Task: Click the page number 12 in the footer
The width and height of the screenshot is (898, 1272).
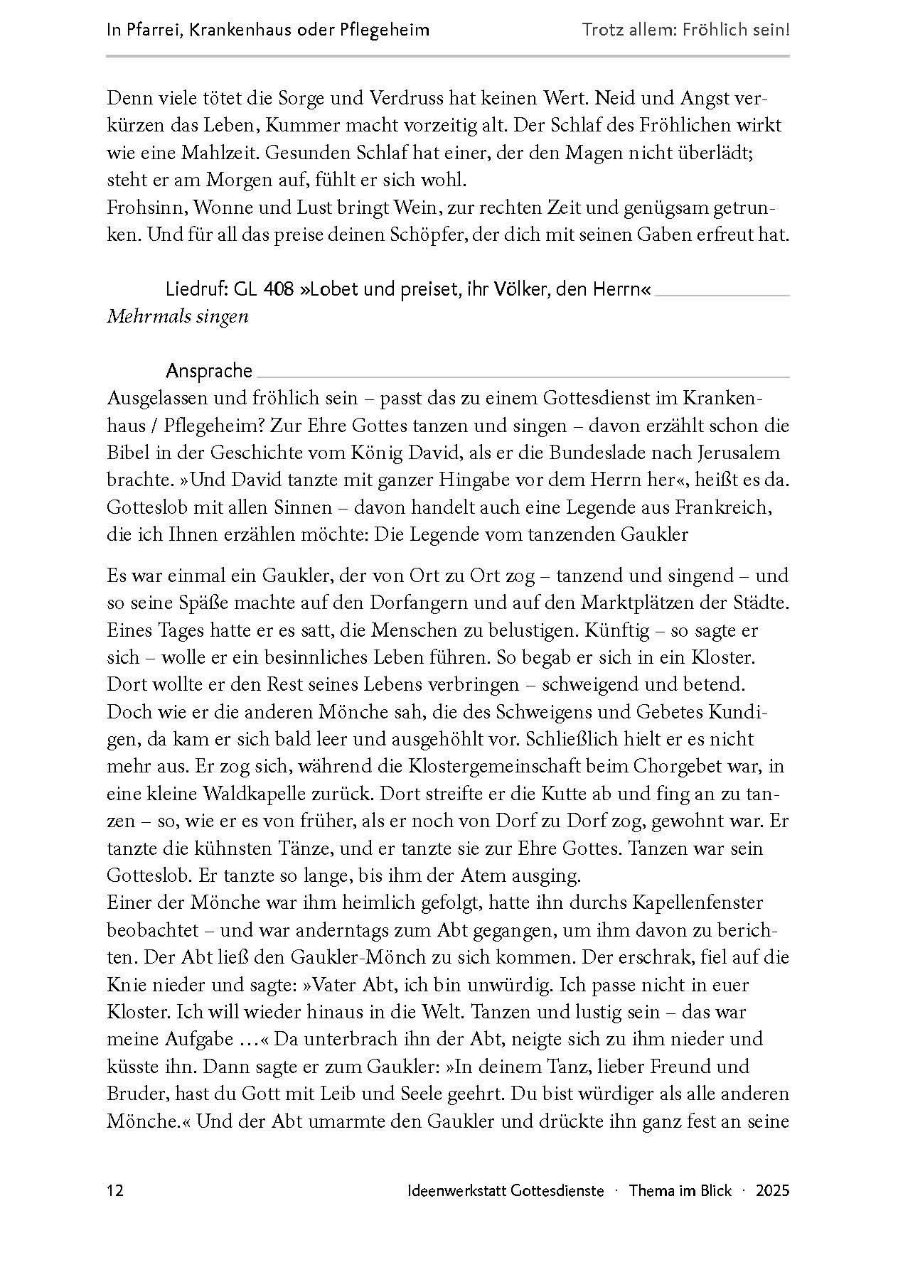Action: pyautogui.click(x=115, y=1191)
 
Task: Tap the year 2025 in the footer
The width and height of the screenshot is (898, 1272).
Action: pyautogui.click(x=772, y=1191)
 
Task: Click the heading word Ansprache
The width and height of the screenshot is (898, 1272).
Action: pyautogui.click(x=208, y=370)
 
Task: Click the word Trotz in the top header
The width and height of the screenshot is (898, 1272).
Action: pyautogui.click(x=603, y=30)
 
